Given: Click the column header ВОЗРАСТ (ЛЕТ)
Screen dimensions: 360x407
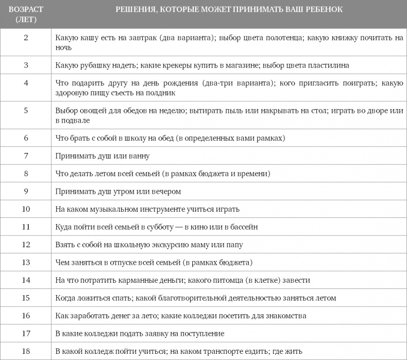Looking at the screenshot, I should point(26,14).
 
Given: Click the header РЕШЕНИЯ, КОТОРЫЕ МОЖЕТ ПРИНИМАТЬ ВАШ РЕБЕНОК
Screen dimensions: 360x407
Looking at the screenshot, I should point(229,10).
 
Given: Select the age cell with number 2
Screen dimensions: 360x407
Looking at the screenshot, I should point(26,38).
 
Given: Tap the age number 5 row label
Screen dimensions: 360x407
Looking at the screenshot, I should point(26,111).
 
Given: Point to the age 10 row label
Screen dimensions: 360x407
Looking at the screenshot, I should point(26,209).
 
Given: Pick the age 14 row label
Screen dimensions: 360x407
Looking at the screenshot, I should point(26,280).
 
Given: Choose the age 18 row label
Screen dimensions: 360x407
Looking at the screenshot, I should point(26,351).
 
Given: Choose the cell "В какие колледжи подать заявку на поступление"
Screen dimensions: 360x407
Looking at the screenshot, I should point(140,333).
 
